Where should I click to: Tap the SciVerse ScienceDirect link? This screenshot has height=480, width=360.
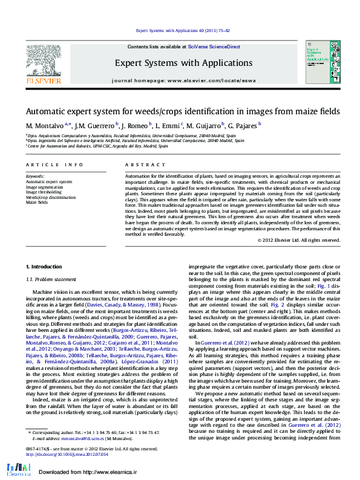coord(214,47)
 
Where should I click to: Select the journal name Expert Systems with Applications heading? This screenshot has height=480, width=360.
coord(183,62)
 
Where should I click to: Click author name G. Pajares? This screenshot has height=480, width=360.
coord(243,126)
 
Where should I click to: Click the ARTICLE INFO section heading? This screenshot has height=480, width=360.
coord(54,164)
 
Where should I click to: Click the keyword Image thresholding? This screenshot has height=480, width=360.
coord(44,192)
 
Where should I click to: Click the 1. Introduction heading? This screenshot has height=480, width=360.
coord(44,267)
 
